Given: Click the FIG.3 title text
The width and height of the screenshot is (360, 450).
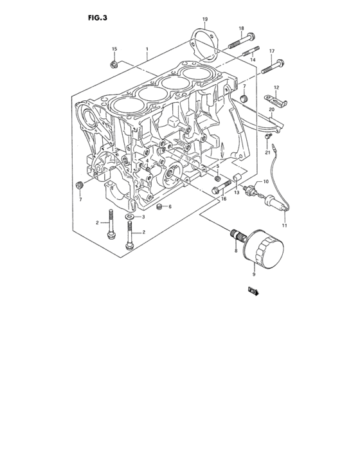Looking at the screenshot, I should [97, 18].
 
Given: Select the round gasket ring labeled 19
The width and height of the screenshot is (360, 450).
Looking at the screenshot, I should [204, 42].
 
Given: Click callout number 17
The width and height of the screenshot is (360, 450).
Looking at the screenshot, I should [271, 51].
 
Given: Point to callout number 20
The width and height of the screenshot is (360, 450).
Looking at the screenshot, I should [271, 110].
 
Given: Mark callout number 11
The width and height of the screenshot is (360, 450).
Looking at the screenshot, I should [284, 226].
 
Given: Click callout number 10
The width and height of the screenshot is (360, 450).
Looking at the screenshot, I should [264, 182].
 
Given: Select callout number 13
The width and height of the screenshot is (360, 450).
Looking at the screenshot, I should [237, 192].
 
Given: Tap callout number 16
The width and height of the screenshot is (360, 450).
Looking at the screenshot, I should [223, 199].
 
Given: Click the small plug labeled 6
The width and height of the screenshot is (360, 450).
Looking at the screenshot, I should [159, 207].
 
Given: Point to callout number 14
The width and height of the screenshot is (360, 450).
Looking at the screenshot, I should [253, 59].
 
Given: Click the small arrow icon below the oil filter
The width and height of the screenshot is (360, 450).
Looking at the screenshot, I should [253, 292].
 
